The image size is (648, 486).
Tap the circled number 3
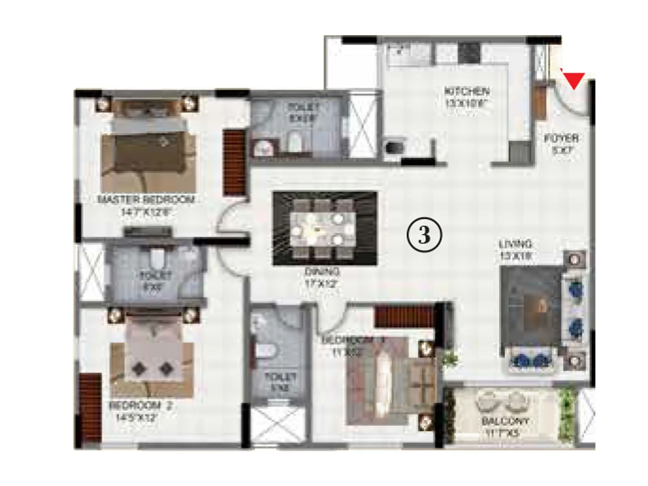click(x=424, y=235)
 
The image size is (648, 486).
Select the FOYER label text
click(x=561, y=139)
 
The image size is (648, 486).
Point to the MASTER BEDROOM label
click(x=146, y=199)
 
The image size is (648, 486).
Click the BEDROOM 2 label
click(x=141, y=405)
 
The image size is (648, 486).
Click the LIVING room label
click(x=515, y=244)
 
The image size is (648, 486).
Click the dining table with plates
click(x=323, y=229)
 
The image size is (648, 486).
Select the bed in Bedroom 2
click(x=152, y=356)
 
